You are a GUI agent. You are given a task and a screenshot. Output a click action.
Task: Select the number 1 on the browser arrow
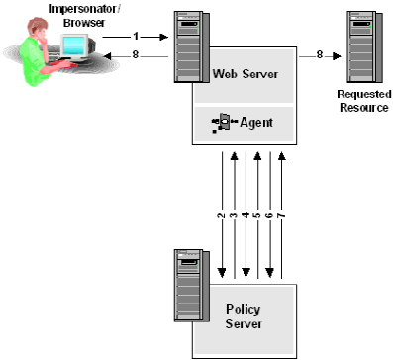click(134, 36)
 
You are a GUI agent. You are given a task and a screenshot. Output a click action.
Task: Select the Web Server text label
click(245, 74)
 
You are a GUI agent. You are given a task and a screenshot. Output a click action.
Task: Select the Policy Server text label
click(244, 315)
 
